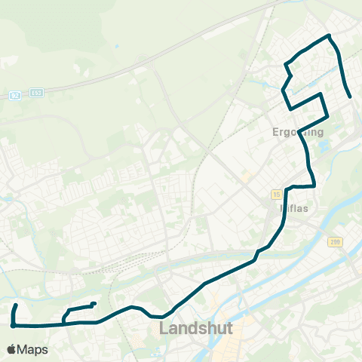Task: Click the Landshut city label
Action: [x=196, y=329]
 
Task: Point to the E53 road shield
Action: [x=38, y=92]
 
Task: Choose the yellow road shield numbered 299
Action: [x=334, y=242]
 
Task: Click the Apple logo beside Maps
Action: [x=11, y=349]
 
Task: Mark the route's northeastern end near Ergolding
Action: [x=351, y=97]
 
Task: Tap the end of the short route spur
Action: [x=94, y=304]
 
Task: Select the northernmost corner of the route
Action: [x=329, y=35]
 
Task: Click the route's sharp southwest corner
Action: [x=13, y=326]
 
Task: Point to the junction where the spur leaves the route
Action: [x=64, y=323]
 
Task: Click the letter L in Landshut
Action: [x=164, y=329]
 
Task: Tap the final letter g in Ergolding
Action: [x=319, y=133]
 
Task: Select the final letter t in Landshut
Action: [x=229, y=329]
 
